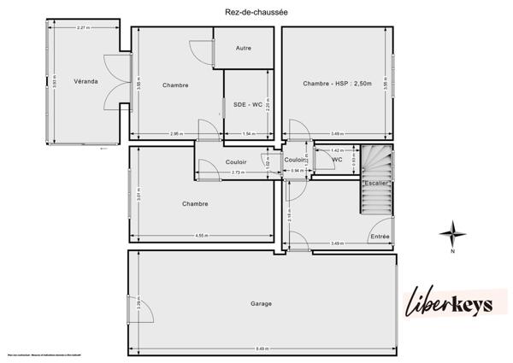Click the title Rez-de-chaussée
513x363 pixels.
[x=256, y=10]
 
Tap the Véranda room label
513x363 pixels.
[x=85, y=81]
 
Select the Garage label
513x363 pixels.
[x=262, y=304]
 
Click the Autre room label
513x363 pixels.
[x=244, y=48]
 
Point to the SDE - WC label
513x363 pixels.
[x=247, y=104]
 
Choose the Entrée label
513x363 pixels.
[x=380, y=236]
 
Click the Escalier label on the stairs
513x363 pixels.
[x=376, y=184]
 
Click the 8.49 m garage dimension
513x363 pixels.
[x=262, y=348]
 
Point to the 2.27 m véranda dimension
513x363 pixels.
[x=83, y=28]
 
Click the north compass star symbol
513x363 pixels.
[x=453, y=231]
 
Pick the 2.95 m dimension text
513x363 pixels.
[x=176, y=134]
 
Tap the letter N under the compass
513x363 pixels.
[x=453, y=252]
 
